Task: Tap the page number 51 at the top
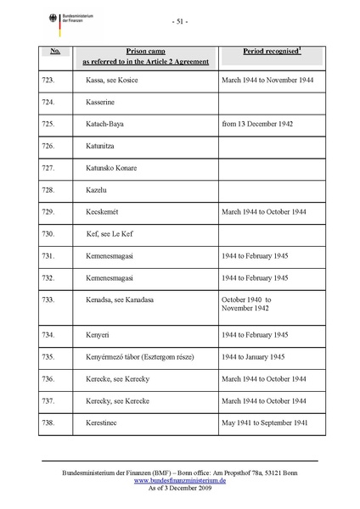click(x=179, y=20)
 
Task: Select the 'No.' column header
click(x=53, y=52)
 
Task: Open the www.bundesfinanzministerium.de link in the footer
click(x=179, y=479)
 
